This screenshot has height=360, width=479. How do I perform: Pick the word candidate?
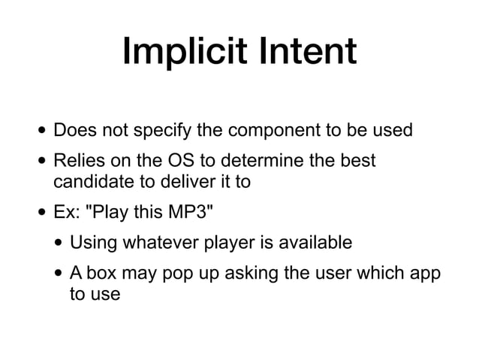pyautogui.click(x=89, y=181)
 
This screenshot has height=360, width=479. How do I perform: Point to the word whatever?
pyautogui.click(x=156, y=243)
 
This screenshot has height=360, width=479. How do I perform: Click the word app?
pyautogui.click(x=425, y=274)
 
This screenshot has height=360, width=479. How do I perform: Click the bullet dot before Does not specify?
pyautogui.click(x=41, y=132)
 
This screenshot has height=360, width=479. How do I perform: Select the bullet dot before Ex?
pyautogui.click(x=41, y=213)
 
